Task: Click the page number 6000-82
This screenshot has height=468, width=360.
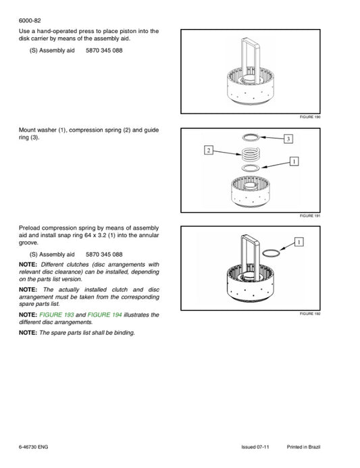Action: [x=30, y=20]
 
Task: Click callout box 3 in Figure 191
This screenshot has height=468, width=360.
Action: [x=288, y=139]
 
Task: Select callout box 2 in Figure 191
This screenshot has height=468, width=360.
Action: [x=208, y=150]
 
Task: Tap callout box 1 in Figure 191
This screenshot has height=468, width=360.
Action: [x=294, y=161]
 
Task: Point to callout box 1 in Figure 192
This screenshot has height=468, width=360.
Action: [x=299, y=242]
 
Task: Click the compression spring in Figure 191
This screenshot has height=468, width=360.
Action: [x=251, y=154]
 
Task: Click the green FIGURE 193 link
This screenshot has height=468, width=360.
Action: [x=57, y=315]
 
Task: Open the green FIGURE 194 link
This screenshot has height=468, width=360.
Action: [x=105, y=315]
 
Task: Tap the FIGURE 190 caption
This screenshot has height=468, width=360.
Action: [x=310, y=117]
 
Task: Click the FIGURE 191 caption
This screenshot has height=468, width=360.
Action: [x=310, y=216]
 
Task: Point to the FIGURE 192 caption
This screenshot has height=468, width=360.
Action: [x=310, y=314]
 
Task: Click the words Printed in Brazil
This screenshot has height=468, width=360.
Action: [x=303, y=447]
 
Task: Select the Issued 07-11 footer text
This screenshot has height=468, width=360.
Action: [x=255, y=447]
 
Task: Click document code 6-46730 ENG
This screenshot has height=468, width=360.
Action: [x=33, y=447]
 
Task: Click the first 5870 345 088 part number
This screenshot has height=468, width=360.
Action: [x=104, y=51]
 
